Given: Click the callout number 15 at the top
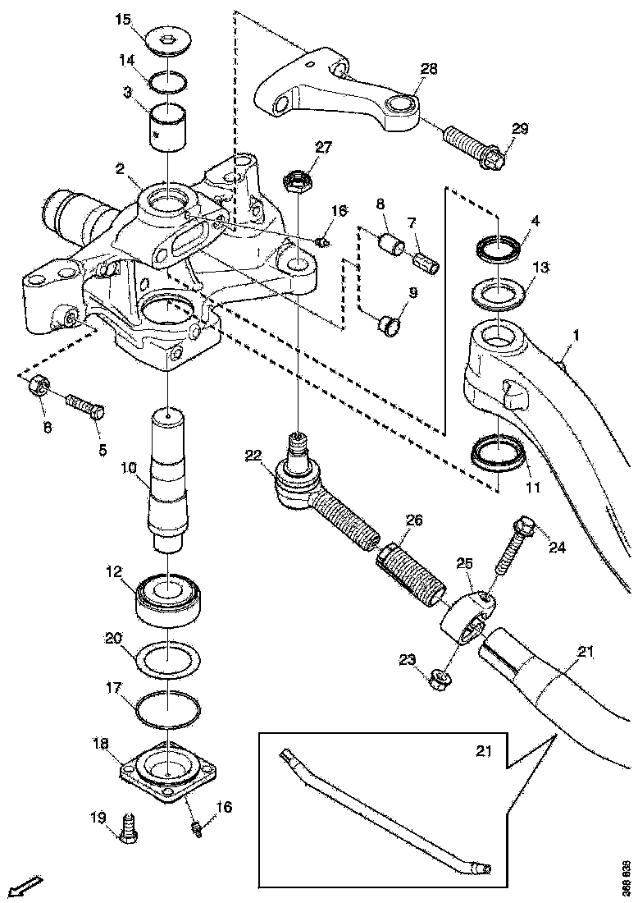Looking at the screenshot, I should pos(122,18).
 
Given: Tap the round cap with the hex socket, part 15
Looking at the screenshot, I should pos(169,40).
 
